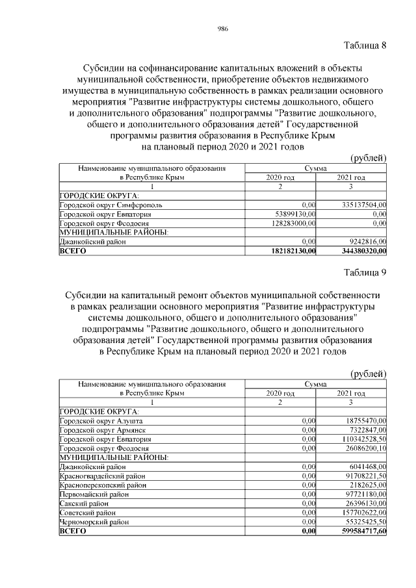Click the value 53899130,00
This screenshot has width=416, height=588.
coord(290,214)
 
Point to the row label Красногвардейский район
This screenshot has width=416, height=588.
coord(102,476)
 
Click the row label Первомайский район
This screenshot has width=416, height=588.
coord(93,494)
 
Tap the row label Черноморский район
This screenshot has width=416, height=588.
coord(96,522)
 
